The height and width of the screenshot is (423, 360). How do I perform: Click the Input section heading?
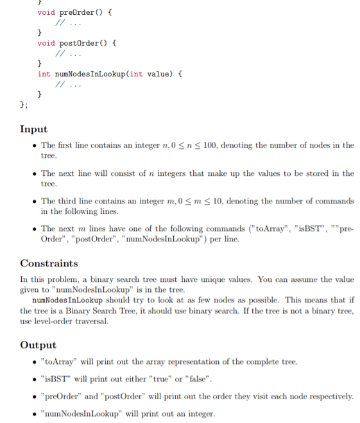(33, 129)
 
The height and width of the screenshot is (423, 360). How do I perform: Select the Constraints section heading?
(49, 263)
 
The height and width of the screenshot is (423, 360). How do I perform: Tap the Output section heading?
(38, 345)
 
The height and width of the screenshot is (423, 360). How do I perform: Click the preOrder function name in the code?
(76, 12)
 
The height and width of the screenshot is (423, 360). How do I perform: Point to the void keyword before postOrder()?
(46, 42)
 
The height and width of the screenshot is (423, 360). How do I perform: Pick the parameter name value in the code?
(157, 74)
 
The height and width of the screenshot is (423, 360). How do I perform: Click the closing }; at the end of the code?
(24, 105)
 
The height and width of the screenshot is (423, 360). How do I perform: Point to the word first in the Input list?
(67, 145)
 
